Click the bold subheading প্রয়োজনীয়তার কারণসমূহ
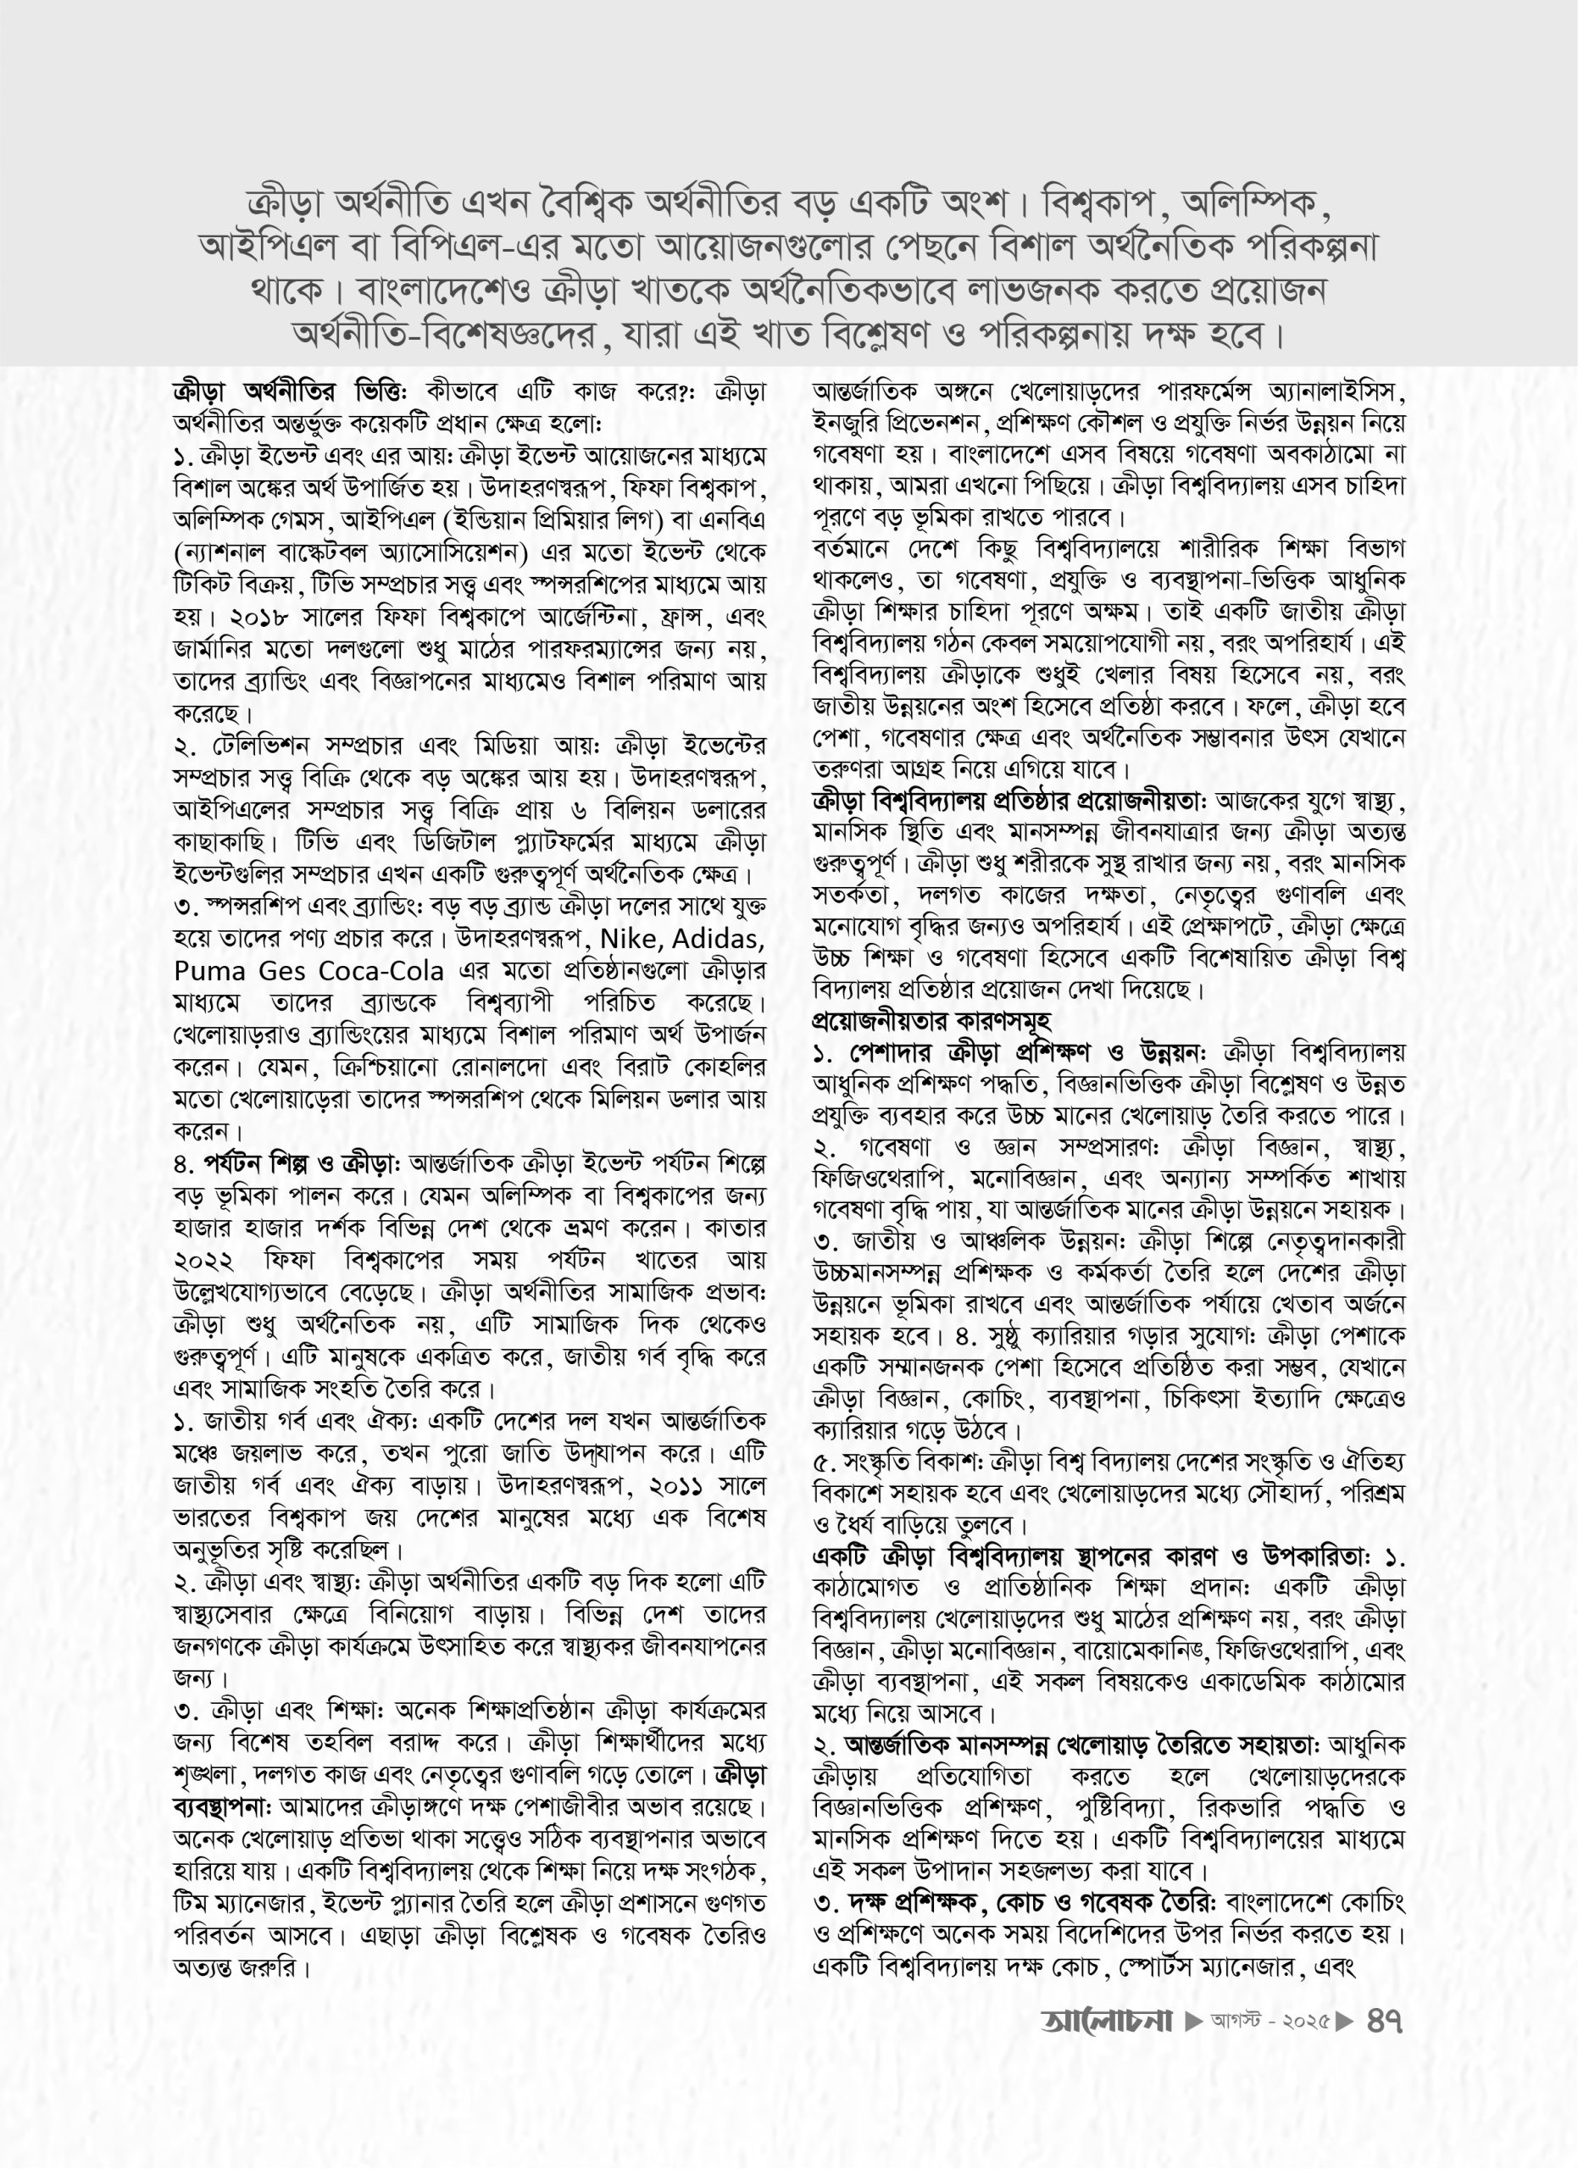tap(931, 1020)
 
